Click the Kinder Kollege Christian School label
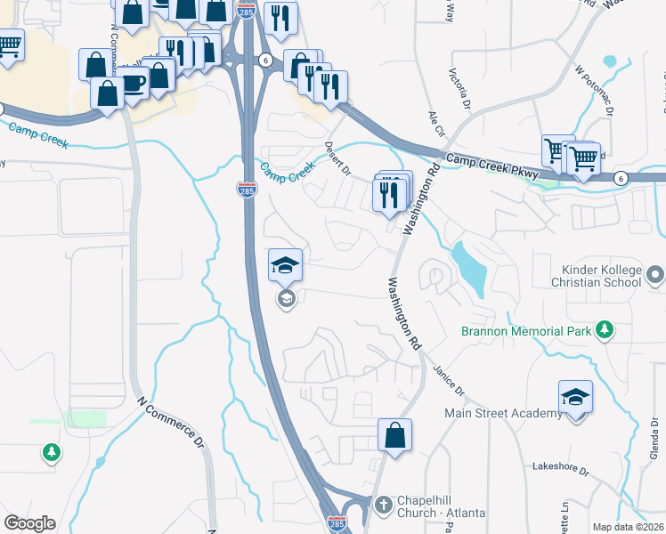[601, 276]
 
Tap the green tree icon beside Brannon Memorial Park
[605, 331]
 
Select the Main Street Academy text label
[504, 413]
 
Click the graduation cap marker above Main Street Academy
[575, 398]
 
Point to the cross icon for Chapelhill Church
[384, 506]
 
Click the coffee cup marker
[134, 84]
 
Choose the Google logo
[29, 523]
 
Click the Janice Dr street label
[449, 379]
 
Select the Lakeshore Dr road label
[561, 467]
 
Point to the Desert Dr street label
[338, 158]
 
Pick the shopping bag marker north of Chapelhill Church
[394, 436]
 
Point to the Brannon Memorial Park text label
[526, 331]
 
